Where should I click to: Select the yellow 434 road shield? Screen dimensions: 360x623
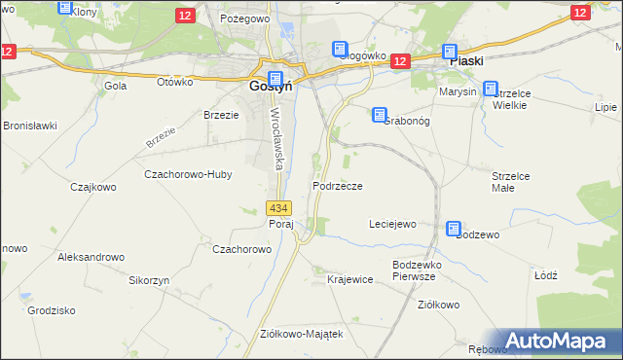[277, 207]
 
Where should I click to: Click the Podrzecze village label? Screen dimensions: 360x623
[338, 185]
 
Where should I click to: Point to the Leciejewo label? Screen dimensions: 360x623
[391, 224]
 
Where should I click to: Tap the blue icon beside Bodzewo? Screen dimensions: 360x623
[454, 229]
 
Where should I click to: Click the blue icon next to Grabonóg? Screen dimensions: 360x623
[379, 115]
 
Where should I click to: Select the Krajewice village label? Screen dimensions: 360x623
[350, 279]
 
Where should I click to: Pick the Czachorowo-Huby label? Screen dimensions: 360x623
[185, 175]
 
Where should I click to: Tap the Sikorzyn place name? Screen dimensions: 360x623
[149, 279]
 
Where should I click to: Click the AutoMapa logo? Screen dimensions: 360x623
[560, 342]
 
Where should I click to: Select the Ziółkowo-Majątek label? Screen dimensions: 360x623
[302, 333]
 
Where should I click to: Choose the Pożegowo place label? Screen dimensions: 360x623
[242, 18]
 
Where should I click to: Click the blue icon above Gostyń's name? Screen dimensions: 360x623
[275, 79]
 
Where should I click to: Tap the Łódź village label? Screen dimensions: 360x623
[545, 275]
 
